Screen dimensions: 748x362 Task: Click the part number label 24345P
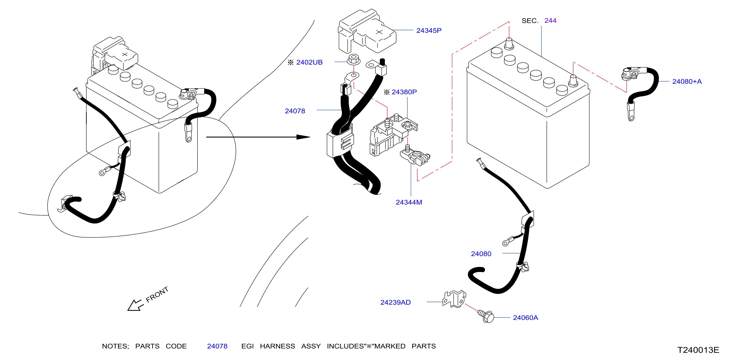[429, 30]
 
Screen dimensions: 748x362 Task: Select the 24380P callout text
[404, 92]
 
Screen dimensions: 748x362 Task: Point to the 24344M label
[409, 202]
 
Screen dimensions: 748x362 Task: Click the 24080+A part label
[687, 81]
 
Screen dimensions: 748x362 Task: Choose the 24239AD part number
[395, 302]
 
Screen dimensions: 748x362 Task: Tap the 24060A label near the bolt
[525, 318]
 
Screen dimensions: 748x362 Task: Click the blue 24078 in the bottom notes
[217, 346]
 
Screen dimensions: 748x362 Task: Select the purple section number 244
[550, 20]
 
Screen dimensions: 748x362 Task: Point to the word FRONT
[157, 294]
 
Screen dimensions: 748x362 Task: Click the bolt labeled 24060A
[485, 316]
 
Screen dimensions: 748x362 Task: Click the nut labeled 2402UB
[353, 60]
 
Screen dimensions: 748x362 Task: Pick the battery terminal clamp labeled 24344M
[415, 157]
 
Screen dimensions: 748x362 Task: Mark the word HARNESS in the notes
[277, 346]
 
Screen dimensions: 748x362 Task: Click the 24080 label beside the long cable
[481, 254]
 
